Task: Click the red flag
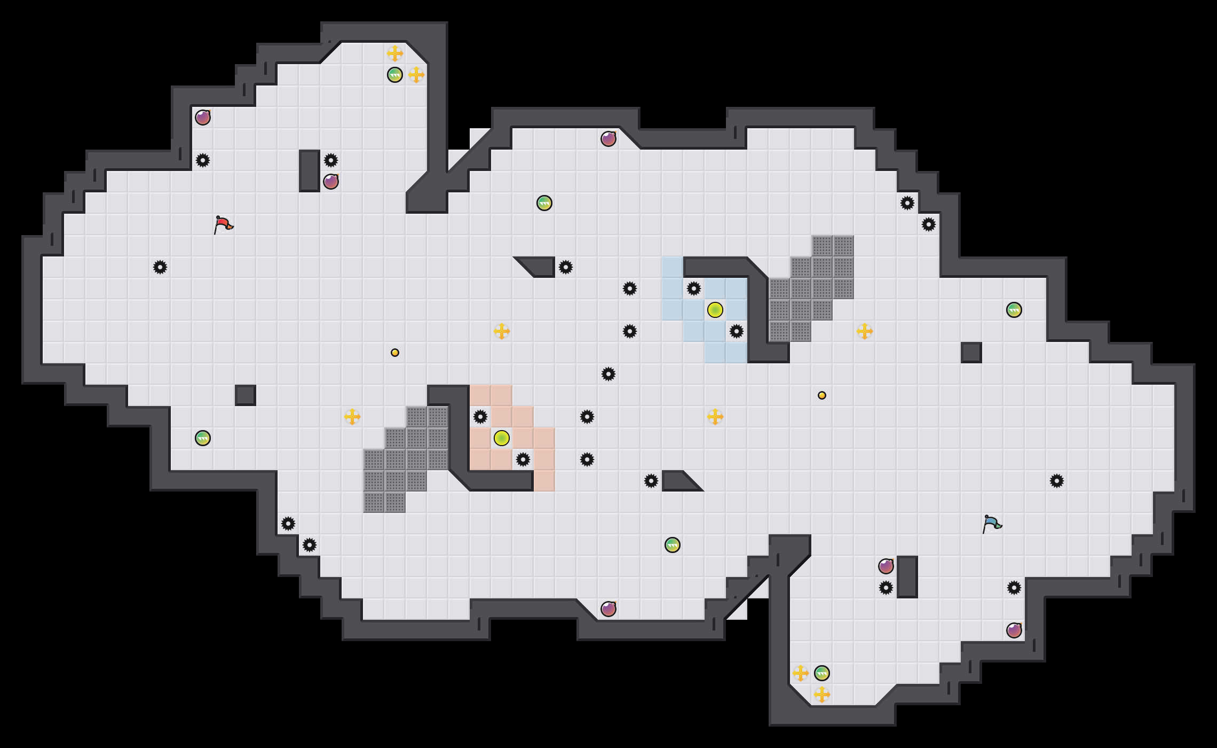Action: [x=223, y=224]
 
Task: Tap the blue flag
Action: [x=992, y=524]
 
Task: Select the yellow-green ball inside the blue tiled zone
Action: [x=715, y=310]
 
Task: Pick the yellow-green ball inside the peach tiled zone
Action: [x=502, y=438]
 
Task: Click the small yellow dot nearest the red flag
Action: [x=395, y=353]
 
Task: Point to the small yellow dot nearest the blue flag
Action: [x=822, y=395]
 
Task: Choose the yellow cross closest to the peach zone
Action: [x=502, y=331]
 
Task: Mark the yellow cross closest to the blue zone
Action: [x=715, y=417]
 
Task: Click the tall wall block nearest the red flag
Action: [x=310, y=171]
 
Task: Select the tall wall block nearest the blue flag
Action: [x=907, y=577]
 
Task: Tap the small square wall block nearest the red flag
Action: [x=246, y=395]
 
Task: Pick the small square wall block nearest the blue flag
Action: [x=971, y=353]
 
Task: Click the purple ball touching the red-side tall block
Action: [x=331, y=182]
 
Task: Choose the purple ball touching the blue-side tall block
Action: [x=886, y=566]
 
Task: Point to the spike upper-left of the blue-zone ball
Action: [x=694, y=289]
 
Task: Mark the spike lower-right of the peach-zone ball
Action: [x=523, y=459]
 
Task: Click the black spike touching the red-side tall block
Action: [x=331, y=160]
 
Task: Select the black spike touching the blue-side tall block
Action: [x=886, y=588]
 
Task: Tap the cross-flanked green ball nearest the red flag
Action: [x=395, y=75]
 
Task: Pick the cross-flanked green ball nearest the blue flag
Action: [x=822, y=673]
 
